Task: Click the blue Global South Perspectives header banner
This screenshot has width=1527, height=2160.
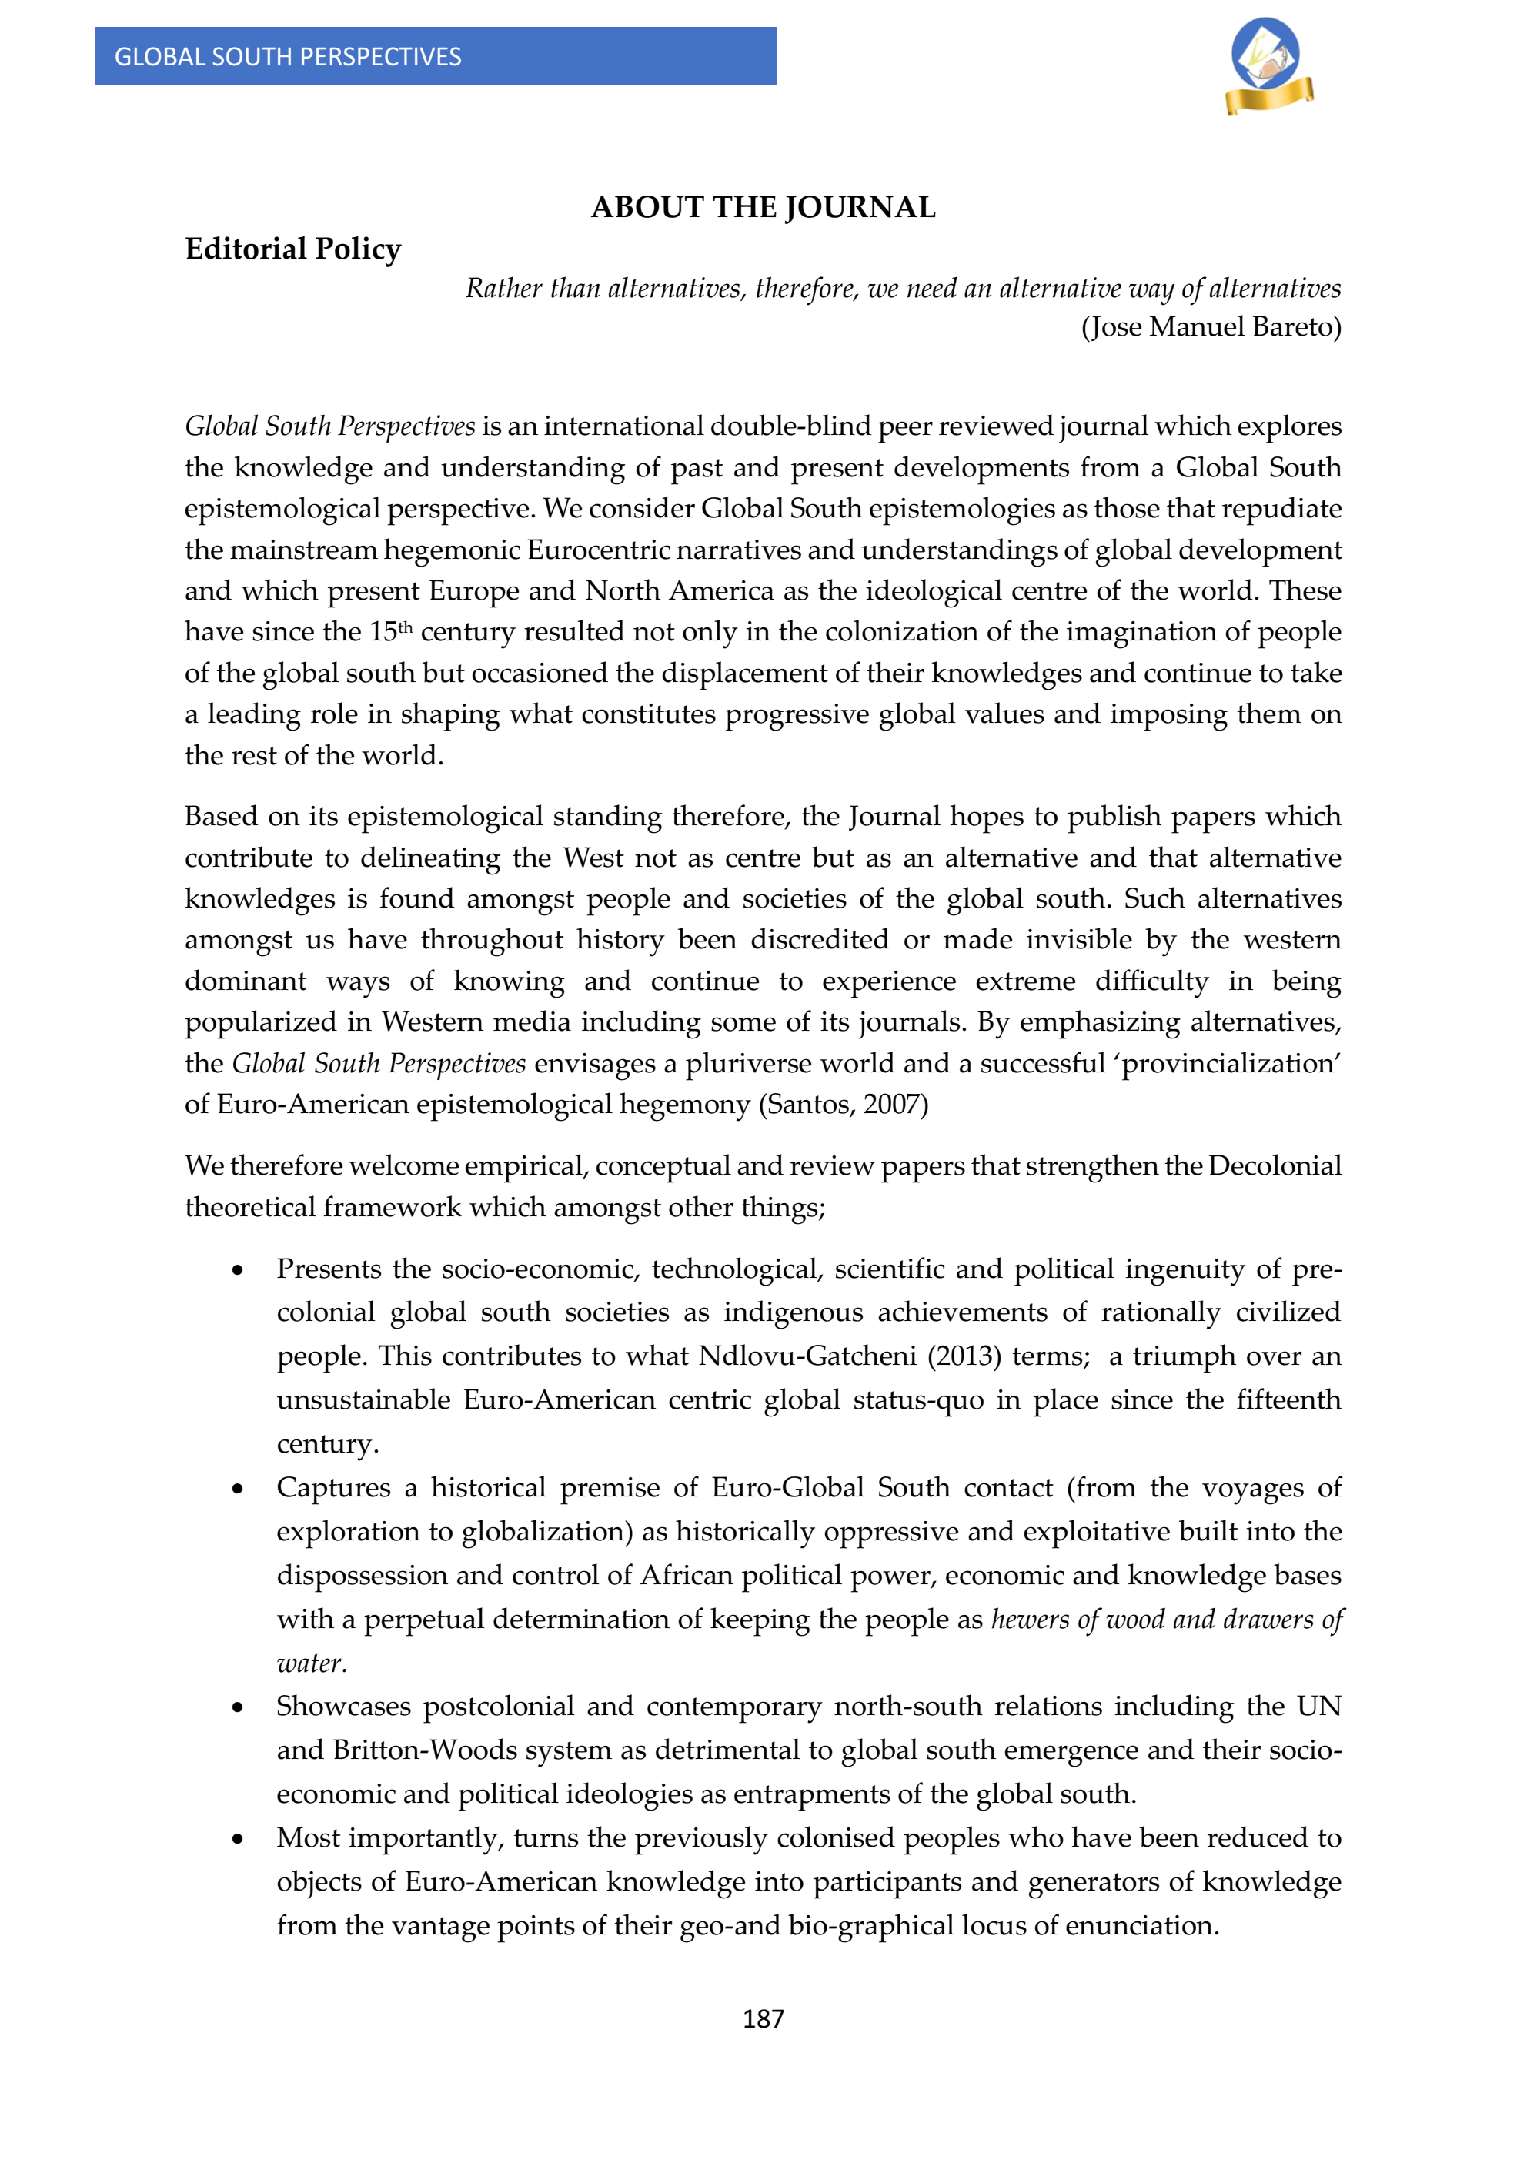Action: click(435, 56)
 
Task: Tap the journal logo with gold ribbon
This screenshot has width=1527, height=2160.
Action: click(1268, 67)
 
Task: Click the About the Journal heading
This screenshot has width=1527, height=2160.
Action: click(763, 207)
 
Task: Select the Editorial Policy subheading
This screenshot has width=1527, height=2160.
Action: click(292, 249)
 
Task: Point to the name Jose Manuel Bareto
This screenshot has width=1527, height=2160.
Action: click(1211, 327)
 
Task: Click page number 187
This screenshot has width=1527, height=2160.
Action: click(763, 2019)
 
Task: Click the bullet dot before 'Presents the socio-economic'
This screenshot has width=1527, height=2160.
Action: click(238, 1271)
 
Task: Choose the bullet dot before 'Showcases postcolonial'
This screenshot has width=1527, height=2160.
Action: click(238, 1707)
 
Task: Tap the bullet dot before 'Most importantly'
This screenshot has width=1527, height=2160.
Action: click(238, 1839)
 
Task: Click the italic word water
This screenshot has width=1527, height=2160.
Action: click(312, 1663)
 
